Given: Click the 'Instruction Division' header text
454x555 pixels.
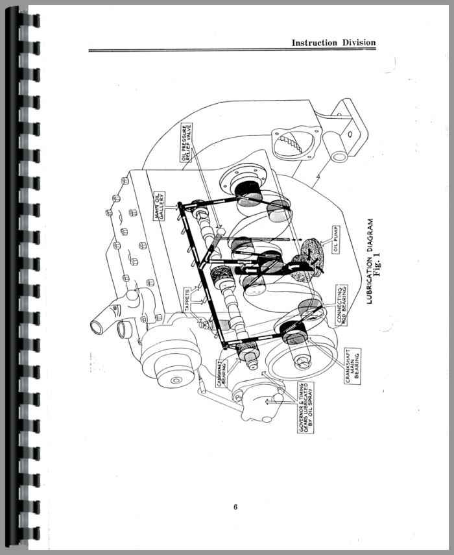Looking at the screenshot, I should click(x=333, y=43).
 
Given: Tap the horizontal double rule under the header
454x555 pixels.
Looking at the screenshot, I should click(x=232, y=51).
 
